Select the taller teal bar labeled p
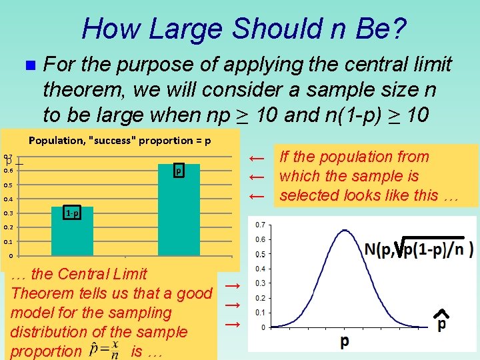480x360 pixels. click(x=178, y=209)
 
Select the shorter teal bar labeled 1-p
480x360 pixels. click(x=73, y=231)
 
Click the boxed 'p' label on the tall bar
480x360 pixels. click(x=178, y=171)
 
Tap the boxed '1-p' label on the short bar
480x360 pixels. click(x=73, y=213)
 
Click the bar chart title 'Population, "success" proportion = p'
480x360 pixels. click(x=120, y=141)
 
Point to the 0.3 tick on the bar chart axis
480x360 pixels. click(x=7, y=213)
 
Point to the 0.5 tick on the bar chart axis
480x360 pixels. click(x=7, y=185)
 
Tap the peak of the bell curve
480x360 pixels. click(x=343, y=231)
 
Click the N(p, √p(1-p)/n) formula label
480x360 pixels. click(x=418, y=248)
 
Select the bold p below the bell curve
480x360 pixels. click(x=344, y=341)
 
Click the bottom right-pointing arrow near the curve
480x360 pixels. click(x=232, y=324)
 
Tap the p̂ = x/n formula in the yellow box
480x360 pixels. click(x=105, y=349)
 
